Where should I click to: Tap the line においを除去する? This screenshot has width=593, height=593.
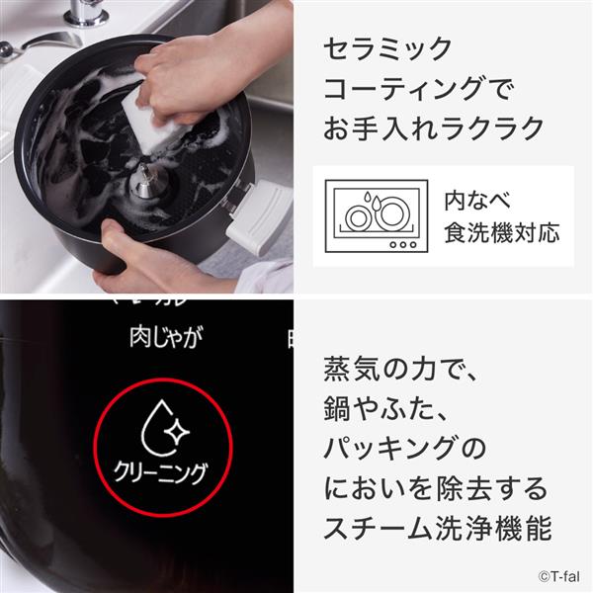point(434,489)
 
